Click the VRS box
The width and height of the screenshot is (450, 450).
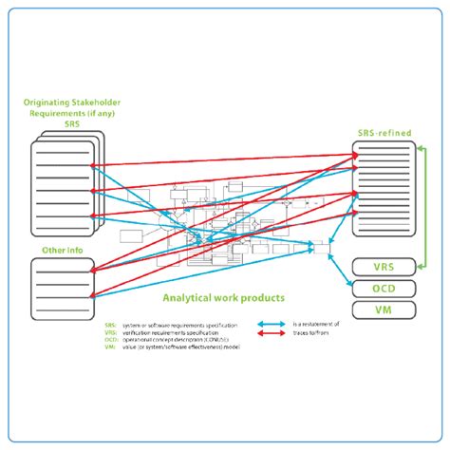(384, 268)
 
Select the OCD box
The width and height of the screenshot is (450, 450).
(384, 289)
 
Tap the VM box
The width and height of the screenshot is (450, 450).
(384, 309)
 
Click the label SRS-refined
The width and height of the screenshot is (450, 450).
(384, 134)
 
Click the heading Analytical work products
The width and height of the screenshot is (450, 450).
(224, 297)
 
